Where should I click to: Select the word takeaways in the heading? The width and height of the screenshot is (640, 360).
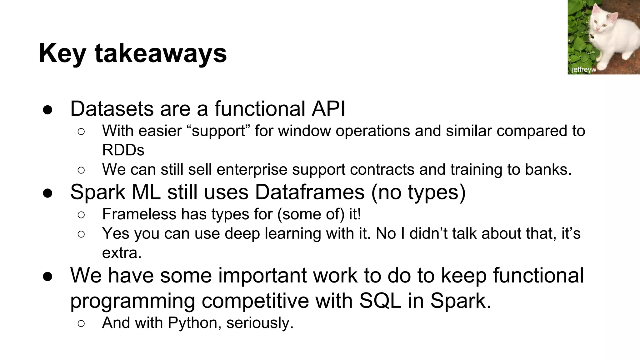point(161,54)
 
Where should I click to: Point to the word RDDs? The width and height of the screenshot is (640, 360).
point(123,150)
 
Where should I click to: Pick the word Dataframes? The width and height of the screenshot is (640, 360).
point(310,192)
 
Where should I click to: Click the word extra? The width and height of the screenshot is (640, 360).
point(122,253)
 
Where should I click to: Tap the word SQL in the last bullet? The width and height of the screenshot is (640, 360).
point(380,301)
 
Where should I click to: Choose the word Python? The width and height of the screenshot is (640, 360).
point(192,323)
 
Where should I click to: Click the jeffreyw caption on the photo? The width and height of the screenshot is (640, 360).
point(584,70)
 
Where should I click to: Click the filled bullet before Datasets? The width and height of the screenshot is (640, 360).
point(47,110)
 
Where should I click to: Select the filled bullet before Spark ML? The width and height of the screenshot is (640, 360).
point(47,193)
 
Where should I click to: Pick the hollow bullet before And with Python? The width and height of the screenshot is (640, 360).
point(81,323)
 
